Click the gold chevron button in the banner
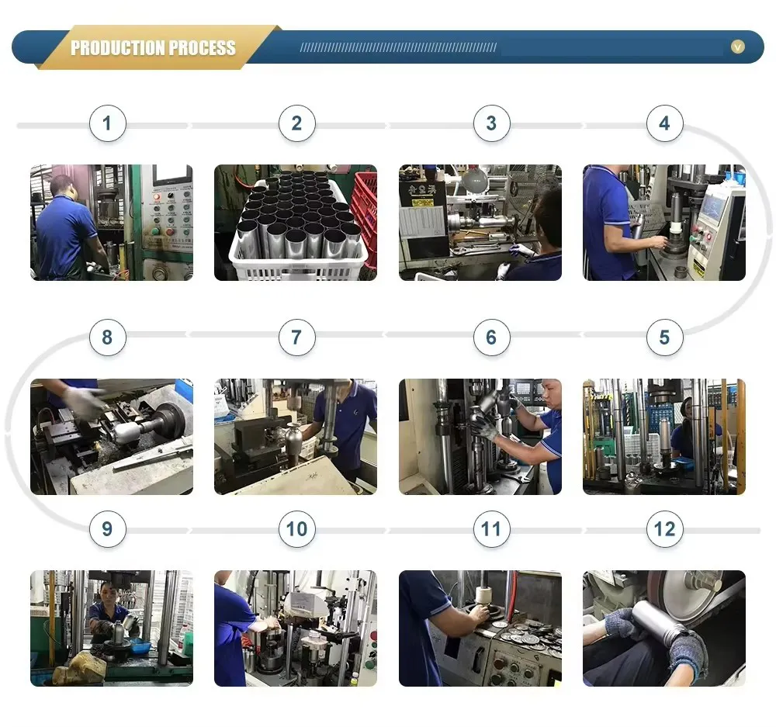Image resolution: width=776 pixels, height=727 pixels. (x=737, y=47)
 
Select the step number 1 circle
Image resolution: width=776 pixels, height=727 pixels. (x=107, y=123)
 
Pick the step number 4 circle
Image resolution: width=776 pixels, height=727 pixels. (x=665, y=123)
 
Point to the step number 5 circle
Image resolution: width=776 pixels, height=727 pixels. (x=665, y=338)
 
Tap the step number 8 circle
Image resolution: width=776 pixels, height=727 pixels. (x=107, y=338)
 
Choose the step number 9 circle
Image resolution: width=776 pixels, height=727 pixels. (x=107, y=529)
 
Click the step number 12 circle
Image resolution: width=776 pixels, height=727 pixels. (x=665, y=529)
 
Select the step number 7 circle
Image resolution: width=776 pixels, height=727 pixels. (x=297, y=338)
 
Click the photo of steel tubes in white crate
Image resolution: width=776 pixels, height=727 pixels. (x=296, y=223)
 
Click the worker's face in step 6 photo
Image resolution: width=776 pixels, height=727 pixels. (x=550, y=394)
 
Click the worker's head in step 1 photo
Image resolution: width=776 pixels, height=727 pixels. (x=63, y=186)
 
